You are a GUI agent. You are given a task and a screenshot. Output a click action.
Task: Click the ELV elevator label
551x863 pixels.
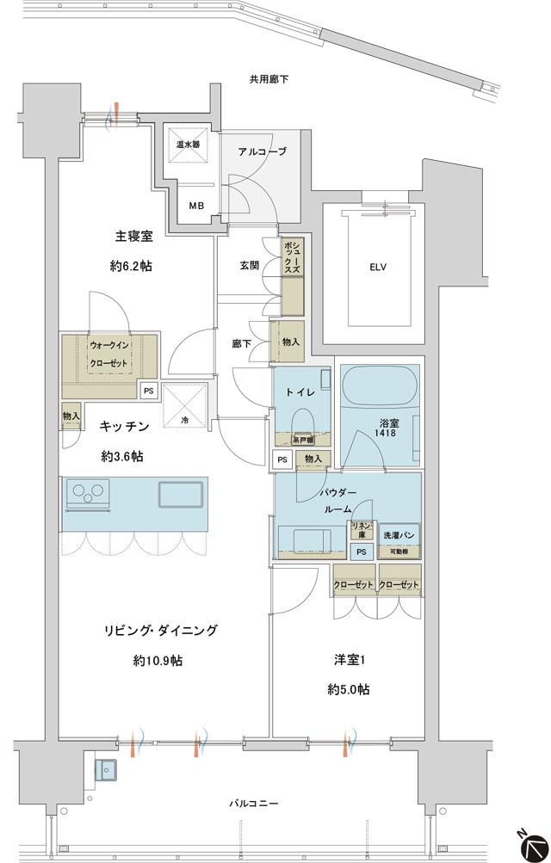pos(377,267)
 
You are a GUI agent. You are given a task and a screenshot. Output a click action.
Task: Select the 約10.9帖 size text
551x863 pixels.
pos(158,661)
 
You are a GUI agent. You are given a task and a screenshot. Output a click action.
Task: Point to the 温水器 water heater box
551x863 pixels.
pos(189,145)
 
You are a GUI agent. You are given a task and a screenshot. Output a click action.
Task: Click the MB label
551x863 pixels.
pos(197,206)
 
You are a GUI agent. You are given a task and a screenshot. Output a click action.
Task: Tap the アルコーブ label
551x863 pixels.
pos(262,151)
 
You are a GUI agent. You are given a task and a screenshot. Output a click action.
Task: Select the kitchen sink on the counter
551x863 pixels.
pos(182,496)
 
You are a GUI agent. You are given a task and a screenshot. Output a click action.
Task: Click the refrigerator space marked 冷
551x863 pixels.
pos(183,403)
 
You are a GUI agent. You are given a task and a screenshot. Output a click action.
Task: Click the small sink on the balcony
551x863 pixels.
pos(107,770)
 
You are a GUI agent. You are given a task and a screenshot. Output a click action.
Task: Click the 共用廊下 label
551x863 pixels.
pos(269,79)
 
